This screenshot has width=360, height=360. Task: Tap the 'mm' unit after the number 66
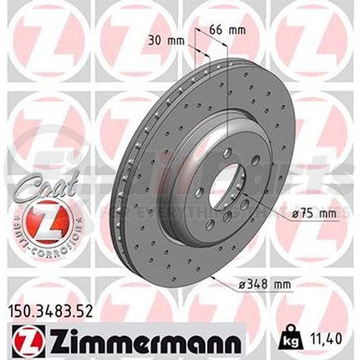coord(238,31)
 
